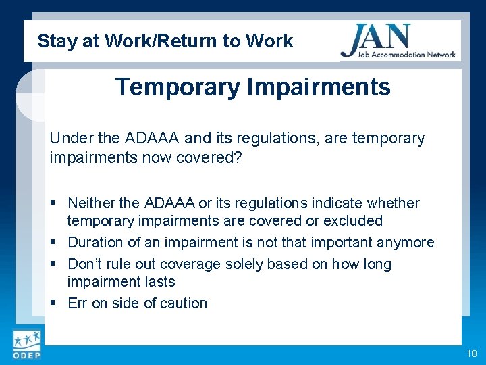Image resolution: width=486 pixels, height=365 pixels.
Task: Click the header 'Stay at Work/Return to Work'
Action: (165, 41)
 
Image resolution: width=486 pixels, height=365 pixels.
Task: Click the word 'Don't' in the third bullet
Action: (86, 264)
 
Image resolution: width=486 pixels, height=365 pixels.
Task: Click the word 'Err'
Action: (78, 303)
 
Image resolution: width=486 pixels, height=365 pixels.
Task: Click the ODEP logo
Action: (26, 345)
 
